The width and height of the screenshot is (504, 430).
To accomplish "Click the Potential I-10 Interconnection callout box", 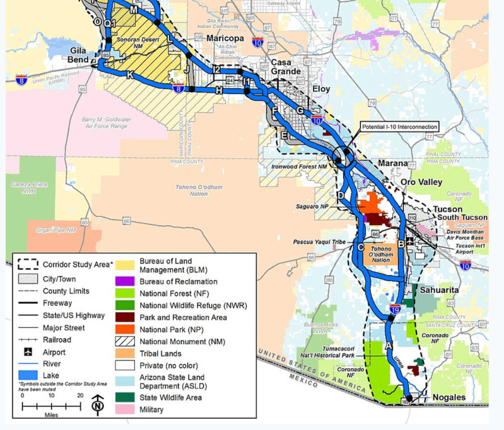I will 399,127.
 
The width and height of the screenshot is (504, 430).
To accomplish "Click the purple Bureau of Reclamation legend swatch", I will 124,281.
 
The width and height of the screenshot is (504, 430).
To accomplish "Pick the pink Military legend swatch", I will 124,409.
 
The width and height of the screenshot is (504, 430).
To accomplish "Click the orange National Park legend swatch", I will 124,329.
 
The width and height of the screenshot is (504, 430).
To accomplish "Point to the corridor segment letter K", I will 130,75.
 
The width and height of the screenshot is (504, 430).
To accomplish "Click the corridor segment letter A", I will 389,345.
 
